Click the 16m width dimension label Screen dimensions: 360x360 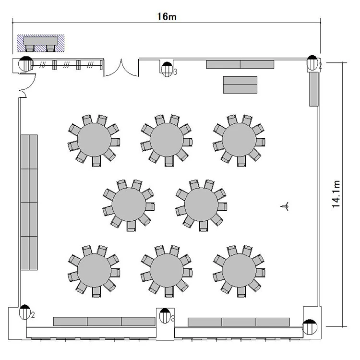click(x=167, y=17)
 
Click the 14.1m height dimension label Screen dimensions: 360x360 click(x=336, y=194)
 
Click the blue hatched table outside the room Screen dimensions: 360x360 click(x=40, y=43)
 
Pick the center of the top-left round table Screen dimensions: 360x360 click(x=94, y=140)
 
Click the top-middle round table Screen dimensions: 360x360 click(x=167, y=140)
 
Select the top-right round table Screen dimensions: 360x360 click(x=239, y=140)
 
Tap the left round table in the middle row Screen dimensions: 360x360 click(x=129, y=205)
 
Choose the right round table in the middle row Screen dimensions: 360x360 click(x=201, y=205)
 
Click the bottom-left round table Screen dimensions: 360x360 click(x=94, y=270)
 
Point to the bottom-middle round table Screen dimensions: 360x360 click(x=167, y=270)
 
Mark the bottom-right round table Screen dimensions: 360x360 click(x=239, y=270)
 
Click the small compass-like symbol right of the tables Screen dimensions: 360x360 click(x=285, y=206)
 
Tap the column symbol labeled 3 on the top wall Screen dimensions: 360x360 click(x=167, y=69)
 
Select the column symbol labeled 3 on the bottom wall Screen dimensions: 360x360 click(x=165, y=316)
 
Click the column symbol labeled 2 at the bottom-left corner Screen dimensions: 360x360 click(x=25, y=312)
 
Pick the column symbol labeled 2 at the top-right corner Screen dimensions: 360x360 click(x=312, y=63)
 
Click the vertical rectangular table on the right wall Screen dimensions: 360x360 click(x=314, y=89)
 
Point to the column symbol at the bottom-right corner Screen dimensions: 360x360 click(x=310, y=327)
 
